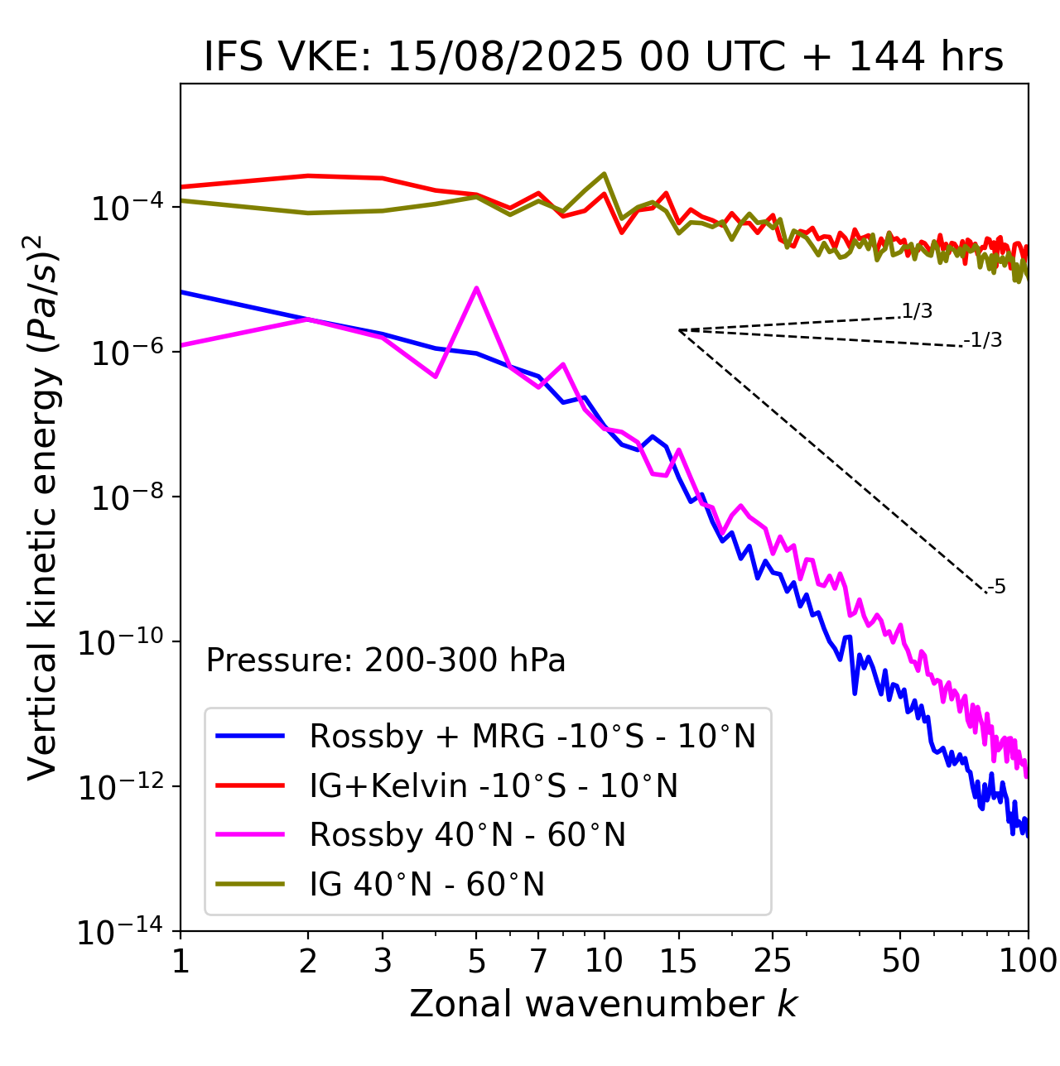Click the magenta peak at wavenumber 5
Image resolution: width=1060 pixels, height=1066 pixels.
pyautogui.click(x=476, y=288)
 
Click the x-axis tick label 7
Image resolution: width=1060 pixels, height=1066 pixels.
pyautogui.click(x=538, y=961)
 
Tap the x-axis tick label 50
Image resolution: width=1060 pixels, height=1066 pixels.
pyautogui.click(x=900, y=961)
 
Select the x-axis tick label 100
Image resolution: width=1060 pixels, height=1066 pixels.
pyautogui.click(x=1028, y=961)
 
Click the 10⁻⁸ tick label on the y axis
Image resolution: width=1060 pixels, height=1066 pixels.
pyautogui.click(x=124, y=498)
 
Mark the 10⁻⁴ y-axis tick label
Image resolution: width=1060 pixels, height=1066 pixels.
pyautogui.click(x=124, y=209)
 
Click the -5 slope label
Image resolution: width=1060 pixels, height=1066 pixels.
pyautogui.click(x=997, y=588)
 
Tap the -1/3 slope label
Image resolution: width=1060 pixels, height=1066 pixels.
pyautogui.click(x=984, y=340)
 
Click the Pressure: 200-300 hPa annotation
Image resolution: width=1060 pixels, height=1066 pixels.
pyautogui.click(x=386, y=660)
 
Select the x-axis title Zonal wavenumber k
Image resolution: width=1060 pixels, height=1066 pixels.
pyautogui.click(x=604, y=1005)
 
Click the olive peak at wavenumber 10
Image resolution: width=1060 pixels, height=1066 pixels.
pyautogui.click(x=604, y=174)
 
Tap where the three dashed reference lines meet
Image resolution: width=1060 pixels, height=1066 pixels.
pyautogui.click(x=679, y=330)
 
